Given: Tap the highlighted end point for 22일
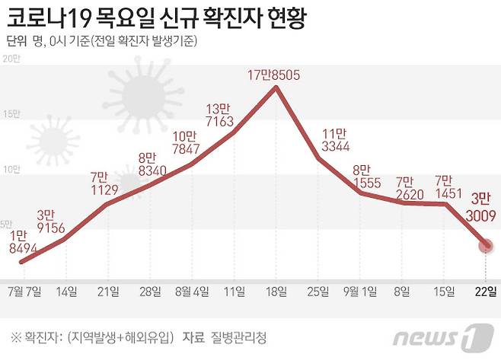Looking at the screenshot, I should [x=485, y=245].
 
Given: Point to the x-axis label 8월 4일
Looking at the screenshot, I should [x=190, y=291].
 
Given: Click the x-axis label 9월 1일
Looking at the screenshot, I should [x=359, y=291].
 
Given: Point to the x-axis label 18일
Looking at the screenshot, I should [x=276, y=291].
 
